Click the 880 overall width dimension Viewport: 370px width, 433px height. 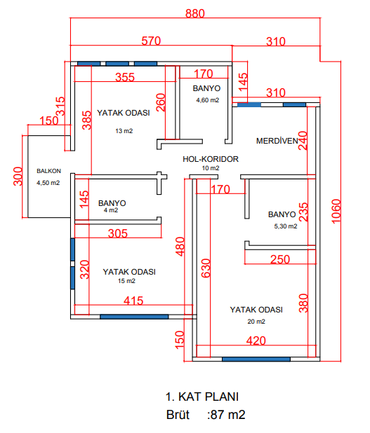pos(194,13)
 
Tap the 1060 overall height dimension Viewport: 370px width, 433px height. pos(336,212)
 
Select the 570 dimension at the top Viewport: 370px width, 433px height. pos(151,41)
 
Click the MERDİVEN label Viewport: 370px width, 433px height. pos(277,141)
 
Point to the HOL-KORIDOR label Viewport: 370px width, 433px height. pos(211,159)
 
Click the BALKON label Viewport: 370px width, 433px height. pos(48,171)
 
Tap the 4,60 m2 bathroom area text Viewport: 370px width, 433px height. pos(208,100)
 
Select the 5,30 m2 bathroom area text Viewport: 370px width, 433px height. pos(286,226)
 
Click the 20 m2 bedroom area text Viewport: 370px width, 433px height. pos(256,322)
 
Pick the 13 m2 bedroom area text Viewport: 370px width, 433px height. pos(124,131)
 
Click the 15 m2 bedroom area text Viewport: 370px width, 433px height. pos(126,281)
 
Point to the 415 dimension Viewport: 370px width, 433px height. pos(133,301)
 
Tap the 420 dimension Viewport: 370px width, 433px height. pos(256,341)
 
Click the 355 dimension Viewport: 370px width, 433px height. pos(125,77)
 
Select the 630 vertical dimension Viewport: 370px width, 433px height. pos(206,268)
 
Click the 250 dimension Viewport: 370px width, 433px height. pos(280,259)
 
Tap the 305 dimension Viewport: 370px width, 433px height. pos(118,233)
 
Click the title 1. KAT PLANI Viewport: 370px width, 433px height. pos(202,397)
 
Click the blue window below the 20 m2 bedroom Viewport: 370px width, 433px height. pos(256,359)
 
